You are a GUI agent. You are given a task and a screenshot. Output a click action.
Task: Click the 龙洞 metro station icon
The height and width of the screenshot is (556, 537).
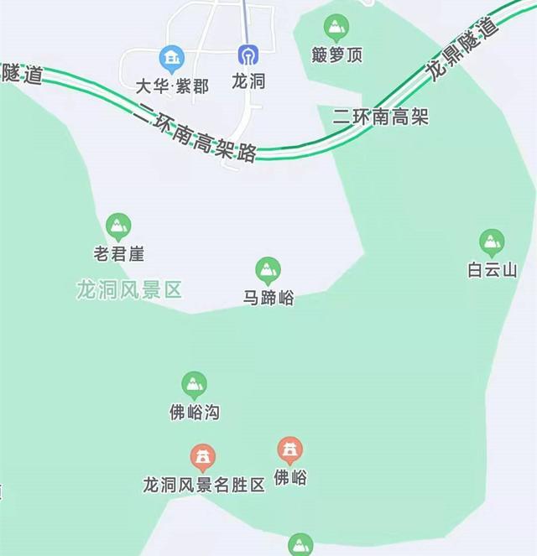(x=248, y=55)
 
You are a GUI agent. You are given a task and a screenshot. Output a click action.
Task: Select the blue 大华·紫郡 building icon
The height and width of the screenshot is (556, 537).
(x=172, y=57)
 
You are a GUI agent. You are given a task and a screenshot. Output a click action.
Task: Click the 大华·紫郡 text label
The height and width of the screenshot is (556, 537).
(x=171, y=85)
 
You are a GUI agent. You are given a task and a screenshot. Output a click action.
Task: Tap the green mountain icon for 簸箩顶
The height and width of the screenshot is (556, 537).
(x=336, y=29)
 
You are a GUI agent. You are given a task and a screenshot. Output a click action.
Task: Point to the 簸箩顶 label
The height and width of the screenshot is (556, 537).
(x=336, y=55)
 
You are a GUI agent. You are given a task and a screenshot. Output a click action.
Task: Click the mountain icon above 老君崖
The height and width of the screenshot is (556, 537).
(x=118, y=226)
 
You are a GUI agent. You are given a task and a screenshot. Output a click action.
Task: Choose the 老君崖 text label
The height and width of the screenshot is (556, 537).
(x=118, y=252)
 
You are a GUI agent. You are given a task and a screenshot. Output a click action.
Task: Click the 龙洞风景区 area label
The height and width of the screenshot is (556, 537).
(x=129, y=291)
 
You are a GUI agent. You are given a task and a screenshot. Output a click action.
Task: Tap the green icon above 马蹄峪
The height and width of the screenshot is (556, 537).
(x=268, y=270)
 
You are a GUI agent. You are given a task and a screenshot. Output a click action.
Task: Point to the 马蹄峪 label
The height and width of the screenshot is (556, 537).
(x=268, y=298)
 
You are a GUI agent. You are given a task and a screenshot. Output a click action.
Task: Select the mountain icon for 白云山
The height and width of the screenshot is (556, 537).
(x=492, y=242)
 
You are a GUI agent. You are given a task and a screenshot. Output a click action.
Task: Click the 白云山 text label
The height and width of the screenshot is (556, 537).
(x=492, y=270)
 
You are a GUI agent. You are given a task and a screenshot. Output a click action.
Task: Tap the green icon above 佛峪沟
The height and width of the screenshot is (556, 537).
(x=195, y=385)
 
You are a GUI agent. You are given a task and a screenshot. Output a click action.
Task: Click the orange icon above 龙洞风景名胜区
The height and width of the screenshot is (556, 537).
(x=202, y=457)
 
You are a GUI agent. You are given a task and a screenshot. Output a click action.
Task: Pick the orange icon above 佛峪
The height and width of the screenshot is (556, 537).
(x=290, y=450)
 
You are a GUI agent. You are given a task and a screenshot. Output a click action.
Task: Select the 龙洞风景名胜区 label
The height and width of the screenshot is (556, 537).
(x=204, y=485)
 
